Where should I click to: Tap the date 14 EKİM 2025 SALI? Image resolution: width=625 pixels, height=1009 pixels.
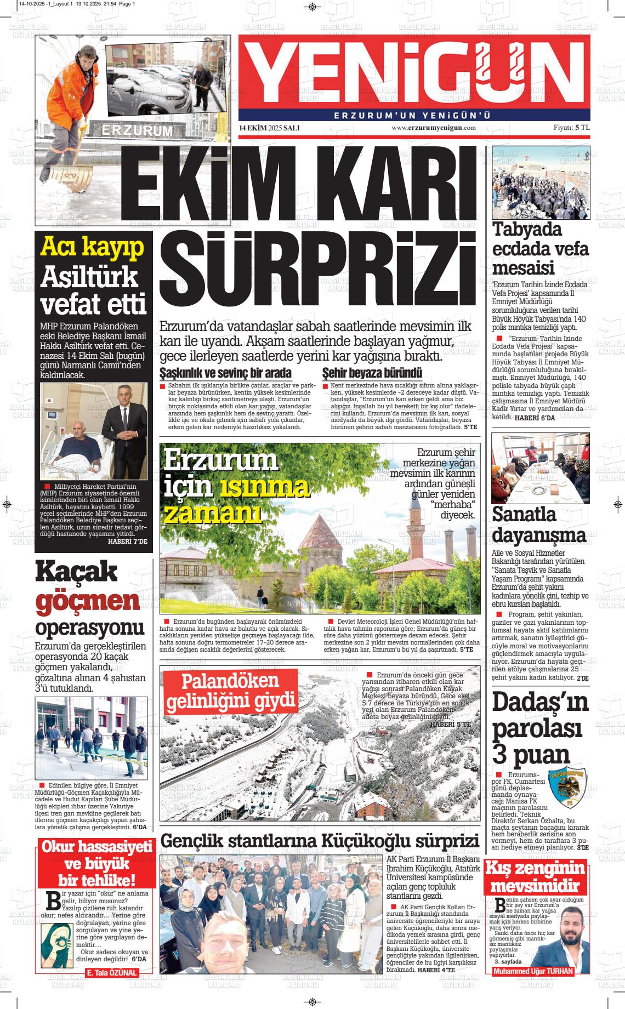(269, 128)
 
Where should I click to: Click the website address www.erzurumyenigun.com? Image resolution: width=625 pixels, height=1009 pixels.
(433, 128)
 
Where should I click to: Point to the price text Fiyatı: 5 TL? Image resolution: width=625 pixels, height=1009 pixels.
(571, 128)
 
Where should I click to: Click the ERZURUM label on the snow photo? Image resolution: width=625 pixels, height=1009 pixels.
(137, 131)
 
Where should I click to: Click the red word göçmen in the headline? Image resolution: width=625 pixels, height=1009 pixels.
(88, 601)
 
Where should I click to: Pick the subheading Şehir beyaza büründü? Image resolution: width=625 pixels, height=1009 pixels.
(372, 374)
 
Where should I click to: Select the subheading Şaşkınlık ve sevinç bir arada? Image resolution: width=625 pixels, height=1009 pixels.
(225, 374)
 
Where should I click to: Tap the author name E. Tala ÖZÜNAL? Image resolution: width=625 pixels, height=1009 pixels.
(111, 972)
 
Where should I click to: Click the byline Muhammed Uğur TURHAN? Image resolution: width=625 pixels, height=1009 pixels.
(533, 971)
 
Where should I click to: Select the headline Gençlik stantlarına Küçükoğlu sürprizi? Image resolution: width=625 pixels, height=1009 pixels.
(320, 841)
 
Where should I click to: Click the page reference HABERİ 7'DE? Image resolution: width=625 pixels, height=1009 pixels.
(128, 541)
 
